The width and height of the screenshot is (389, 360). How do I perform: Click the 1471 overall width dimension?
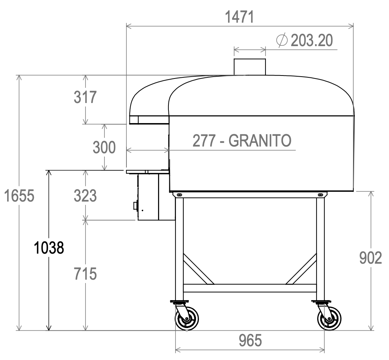click(x=239, y=17)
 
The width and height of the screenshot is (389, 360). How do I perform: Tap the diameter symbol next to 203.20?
click(x=282, y=41)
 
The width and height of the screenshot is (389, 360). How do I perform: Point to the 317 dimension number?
click(x=85, y=97)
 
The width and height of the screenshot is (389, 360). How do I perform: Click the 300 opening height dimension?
click(x=104, y=148)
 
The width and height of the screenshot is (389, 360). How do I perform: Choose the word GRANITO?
click(x=259, y=141)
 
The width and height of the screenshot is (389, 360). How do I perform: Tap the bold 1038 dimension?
click(x=49, y=247)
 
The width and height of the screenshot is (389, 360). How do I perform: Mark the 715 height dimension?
click(x=85, y=274)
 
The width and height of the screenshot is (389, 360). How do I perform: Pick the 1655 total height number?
click(x=19, y=196)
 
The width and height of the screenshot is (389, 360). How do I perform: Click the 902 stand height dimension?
click(x=370, y=258)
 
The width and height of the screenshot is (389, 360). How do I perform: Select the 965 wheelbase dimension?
click(x=250, y=341)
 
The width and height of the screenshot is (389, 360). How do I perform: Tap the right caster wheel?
click(x=329, y=318)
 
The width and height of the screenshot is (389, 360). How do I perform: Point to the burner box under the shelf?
click(x=148, y=197)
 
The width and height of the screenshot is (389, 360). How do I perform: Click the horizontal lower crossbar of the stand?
click(x=250, y=288)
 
